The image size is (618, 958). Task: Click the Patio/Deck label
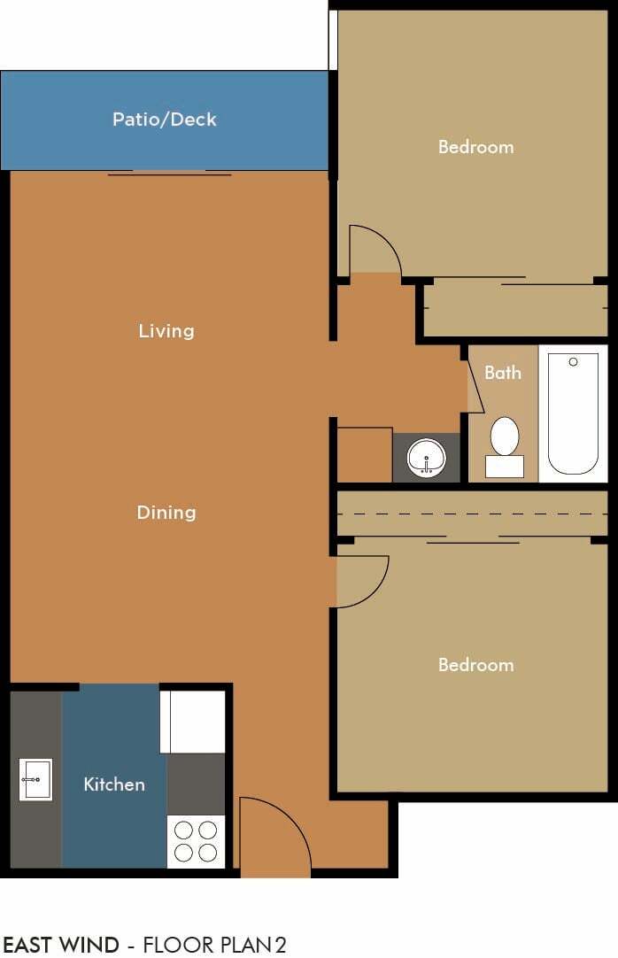[165, 120]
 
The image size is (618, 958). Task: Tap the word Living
[166, 331]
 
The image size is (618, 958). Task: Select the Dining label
[166, 513]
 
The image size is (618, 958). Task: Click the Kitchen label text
[114, 784]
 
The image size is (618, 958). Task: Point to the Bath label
[503, 373]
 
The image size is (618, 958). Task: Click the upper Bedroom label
[475, 147]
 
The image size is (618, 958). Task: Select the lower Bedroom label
[475, 665]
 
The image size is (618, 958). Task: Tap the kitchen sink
[35, 779]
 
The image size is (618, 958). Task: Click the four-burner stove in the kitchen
[197, 841]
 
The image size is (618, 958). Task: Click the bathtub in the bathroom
[573, 413]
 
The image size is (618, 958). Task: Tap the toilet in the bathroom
[505, 443]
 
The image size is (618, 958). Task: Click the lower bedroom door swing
[361, 581]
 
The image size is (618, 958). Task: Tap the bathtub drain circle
[573, 361]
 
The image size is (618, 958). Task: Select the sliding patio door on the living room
[169, 173]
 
